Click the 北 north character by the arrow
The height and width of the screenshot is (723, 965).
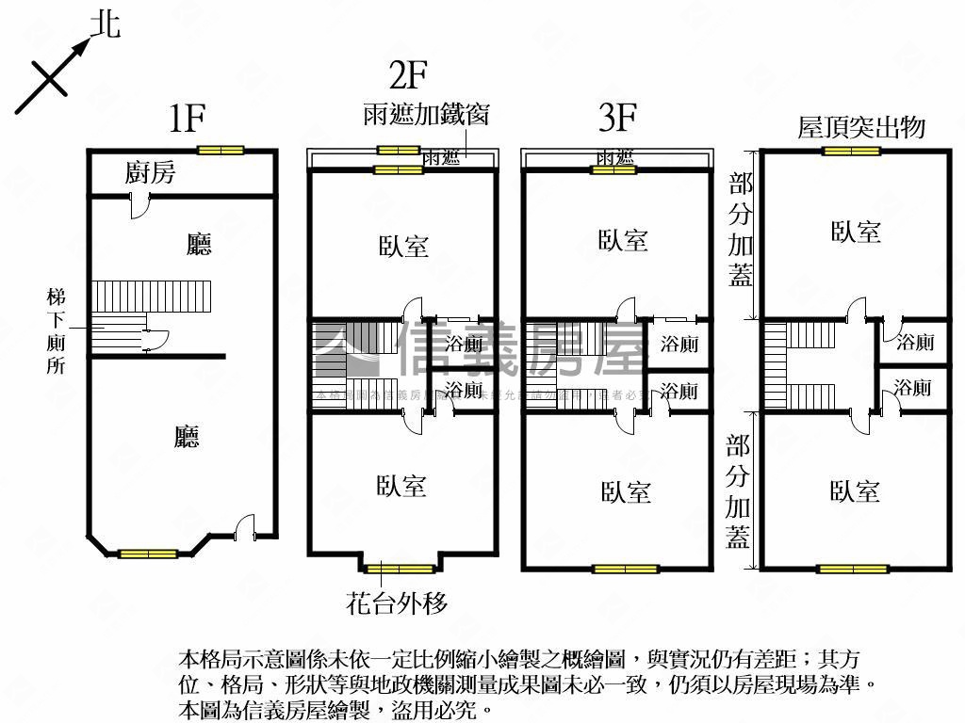point(105,24)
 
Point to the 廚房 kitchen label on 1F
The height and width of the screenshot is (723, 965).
point(150,173)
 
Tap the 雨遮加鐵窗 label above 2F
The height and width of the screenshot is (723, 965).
point(425,115)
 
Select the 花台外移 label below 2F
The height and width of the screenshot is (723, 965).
point(397,602)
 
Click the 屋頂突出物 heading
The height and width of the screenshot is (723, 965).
point(861,128)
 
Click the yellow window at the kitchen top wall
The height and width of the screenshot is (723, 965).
point(221,150)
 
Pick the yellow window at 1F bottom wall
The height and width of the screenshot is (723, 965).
point(148,554)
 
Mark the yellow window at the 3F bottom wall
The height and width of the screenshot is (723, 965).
point(626,569)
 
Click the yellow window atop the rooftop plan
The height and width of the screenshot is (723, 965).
point(851,151)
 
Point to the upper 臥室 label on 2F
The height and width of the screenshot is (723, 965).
point(403,247)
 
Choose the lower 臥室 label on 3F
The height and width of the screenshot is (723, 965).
point(626,491)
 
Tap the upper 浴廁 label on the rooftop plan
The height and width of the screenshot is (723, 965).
point(915,342)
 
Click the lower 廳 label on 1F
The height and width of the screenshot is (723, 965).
point(187,437)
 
